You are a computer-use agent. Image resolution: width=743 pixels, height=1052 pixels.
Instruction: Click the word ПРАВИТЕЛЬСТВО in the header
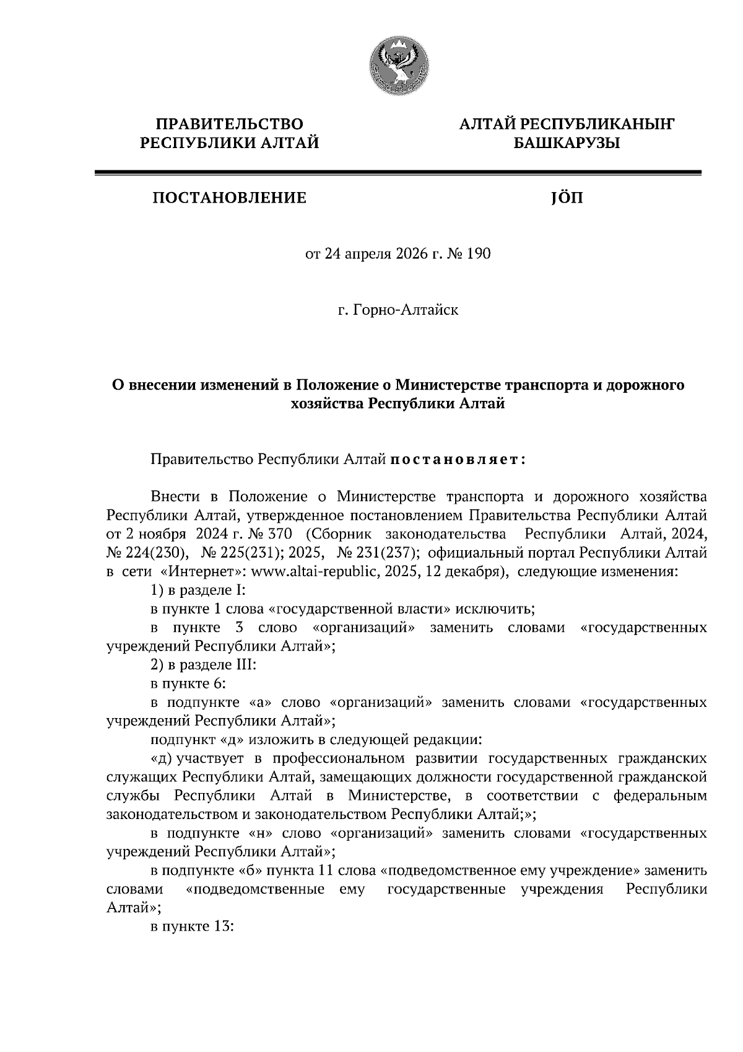230,124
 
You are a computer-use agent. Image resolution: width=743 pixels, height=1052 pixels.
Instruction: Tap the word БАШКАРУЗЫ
567,144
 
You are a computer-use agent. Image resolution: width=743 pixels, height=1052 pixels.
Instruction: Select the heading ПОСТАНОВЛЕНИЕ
230,198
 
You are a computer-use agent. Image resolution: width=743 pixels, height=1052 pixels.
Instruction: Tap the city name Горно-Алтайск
406,309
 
